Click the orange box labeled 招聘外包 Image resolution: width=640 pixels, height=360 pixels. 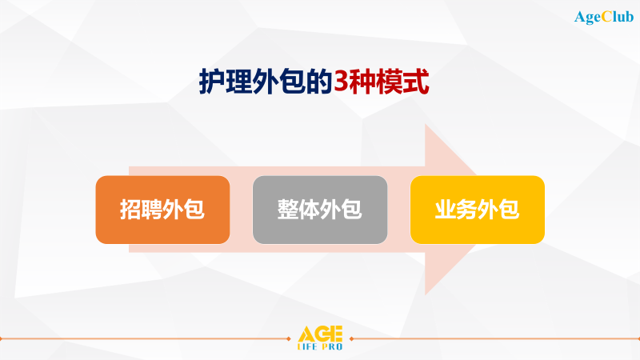(x=162, y=210)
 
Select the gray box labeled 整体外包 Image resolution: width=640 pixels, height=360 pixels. (x=320, y=210)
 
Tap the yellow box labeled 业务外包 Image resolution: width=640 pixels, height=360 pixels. (x=478, y=210)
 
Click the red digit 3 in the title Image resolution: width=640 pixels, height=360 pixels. (x=342, y=82)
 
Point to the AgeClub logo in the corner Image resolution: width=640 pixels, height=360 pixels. (x=604, y=16)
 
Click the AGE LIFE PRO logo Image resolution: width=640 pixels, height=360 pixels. (x=320, y=338)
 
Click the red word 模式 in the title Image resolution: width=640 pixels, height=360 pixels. (x=407, y=82)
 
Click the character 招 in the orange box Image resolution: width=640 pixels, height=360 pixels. (x=130, y=210)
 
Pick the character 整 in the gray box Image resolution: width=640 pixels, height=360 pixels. (x=288, y=210)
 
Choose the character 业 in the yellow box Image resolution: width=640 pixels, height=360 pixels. (x=446, y=210)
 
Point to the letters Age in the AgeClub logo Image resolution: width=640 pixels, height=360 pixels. (x=589, y=17)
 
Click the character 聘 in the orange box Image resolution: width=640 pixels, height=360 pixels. (x=152, y=210)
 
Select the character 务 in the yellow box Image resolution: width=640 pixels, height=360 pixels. (x=467, y=210)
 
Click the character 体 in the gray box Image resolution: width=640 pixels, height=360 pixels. (x=310, y=210)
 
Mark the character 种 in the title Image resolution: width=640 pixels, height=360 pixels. (x=364, y=82)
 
